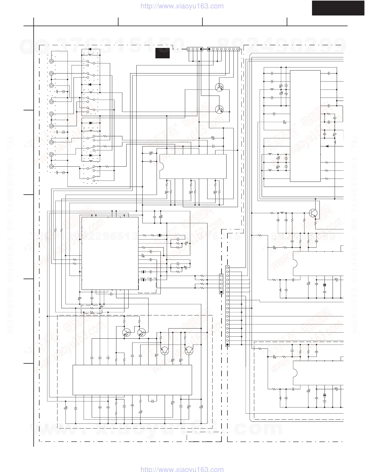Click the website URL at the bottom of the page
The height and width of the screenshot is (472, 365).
[x=182, y=469]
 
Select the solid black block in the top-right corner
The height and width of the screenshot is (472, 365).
[x=338, y=8]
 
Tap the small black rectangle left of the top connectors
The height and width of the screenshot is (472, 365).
[x=163, y=53]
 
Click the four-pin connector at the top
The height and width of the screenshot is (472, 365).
[x=195, y=49]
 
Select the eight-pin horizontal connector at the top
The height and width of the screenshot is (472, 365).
[x=223, y=49]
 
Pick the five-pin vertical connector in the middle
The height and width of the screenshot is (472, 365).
[x=221, y=284]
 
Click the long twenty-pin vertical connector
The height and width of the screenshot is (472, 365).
[x=227, y=306]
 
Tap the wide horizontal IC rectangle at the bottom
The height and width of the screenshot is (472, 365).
[x=132, y=380]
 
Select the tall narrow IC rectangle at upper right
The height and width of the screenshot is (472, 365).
[x=305, y=126]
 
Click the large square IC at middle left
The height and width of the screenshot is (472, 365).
[x=110, y=253]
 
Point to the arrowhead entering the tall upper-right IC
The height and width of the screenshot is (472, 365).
[x=327, y=146]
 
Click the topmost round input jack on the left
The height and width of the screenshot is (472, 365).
[x=52, y=61]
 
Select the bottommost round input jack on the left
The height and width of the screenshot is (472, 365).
[x=52, y=167]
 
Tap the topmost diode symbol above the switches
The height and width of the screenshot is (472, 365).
[x=90, y=50]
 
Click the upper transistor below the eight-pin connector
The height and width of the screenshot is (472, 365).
[x=219, y=87]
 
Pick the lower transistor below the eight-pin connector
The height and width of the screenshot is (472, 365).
[x=219, y=109]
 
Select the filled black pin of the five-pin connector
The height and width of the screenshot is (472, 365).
[x=221, y=292]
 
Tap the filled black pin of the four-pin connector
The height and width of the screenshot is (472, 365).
[x=201, y=49]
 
